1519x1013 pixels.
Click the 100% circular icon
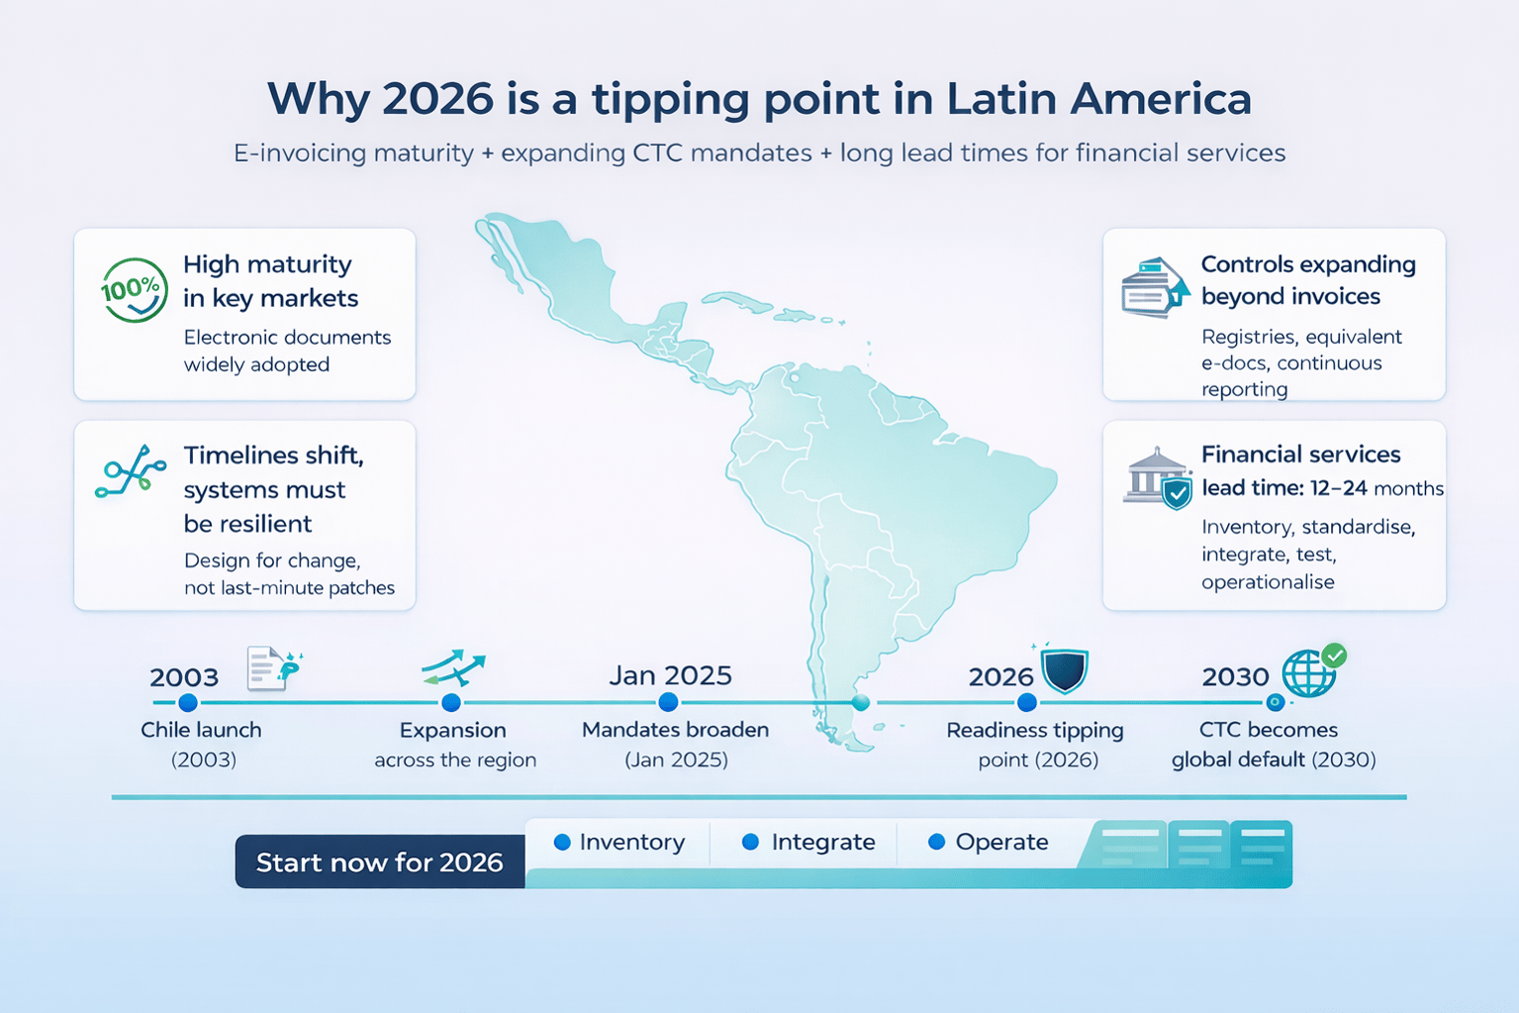[134, 290]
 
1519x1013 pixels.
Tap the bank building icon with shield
[1157, 477]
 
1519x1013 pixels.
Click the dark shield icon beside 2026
[1065, 670]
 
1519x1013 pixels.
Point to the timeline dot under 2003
[188, 703]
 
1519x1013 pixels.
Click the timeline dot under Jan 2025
[668, 702]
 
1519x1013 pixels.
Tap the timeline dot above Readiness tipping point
[1027, 703]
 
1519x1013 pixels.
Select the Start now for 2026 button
[380, 861]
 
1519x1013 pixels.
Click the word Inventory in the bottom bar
[631, 842]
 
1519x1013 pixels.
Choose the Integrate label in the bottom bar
[822, 842]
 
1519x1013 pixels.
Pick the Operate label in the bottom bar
[1001, 842]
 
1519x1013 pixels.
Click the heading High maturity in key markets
[269, 281]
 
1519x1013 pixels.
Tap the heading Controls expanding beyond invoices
[1307, 280]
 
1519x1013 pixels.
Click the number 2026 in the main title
[436, 98]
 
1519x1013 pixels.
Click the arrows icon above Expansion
[452, 668]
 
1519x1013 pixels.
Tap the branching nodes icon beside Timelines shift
[131, 471]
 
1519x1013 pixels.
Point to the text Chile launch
[201, 730]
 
